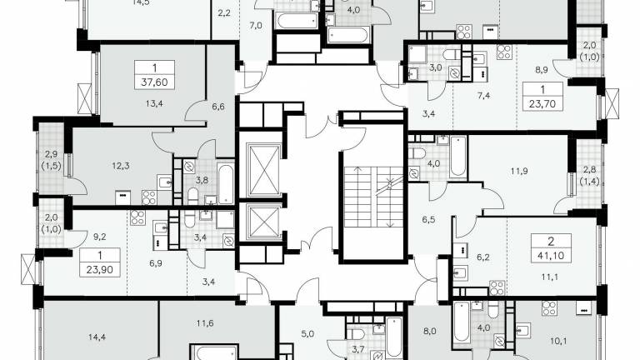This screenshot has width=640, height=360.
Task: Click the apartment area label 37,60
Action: pos(154,82)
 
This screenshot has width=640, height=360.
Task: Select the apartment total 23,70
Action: pos(542,103)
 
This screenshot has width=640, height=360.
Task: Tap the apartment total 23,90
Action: pos(100,270)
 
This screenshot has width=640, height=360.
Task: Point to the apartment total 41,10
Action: pos(551,256)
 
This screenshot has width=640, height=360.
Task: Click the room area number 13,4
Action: pos(154,103)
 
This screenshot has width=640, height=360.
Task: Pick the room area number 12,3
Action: pos(121,166)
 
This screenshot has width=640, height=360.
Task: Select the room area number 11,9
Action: pos(519,171)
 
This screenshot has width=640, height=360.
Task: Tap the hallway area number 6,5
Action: pos(428,220)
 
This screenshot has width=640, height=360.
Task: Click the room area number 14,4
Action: pos(97,337)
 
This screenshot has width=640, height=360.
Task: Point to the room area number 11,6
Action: pos(204,323)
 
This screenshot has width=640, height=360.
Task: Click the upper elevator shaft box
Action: pos(264,170)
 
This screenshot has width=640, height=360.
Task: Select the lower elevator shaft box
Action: pos(264,222)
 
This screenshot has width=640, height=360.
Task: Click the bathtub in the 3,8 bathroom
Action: pos(226,183)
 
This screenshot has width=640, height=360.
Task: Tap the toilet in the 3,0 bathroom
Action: pos(452,55)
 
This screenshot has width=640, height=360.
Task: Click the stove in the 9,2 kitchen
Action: pos(138,217)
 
